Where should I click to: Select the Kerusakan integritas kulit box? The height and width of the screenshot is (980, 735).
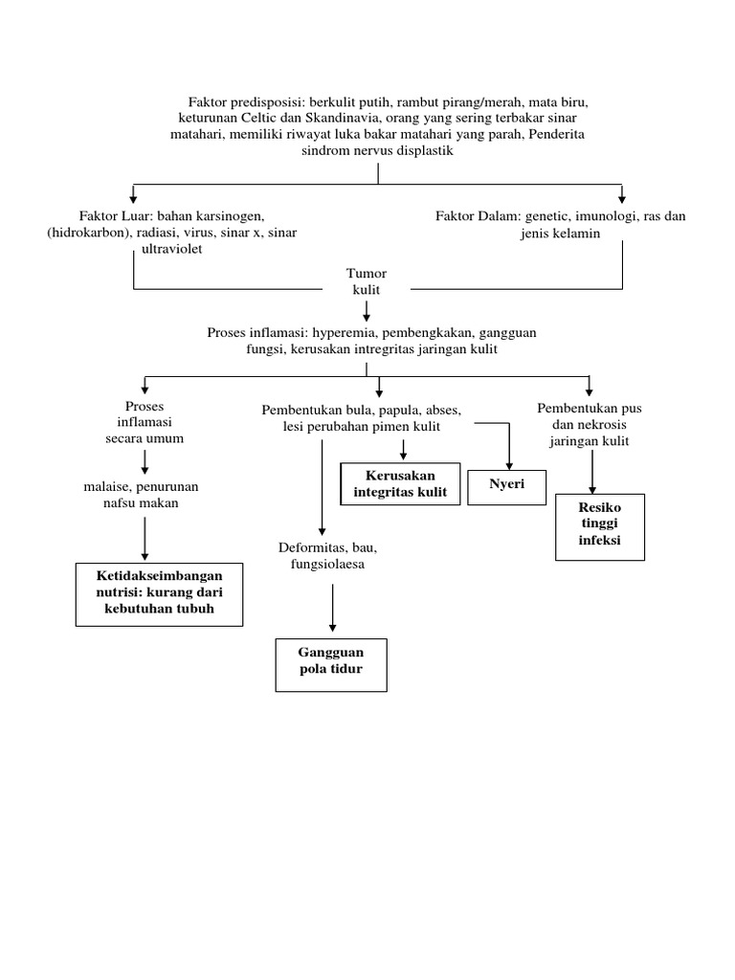click(400, 484)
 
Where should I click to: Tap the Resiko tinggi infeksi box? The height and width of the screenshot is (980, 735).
click(599, 525)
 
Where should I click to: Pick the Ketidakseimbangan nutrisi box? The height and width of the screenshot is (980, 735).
click(159, 593)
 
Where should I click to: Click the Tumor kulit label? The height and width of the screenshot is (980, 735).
click(366, 280)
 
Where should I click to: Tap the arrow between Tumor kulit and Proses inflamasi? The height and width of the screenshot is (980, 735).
click(366, 312)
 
